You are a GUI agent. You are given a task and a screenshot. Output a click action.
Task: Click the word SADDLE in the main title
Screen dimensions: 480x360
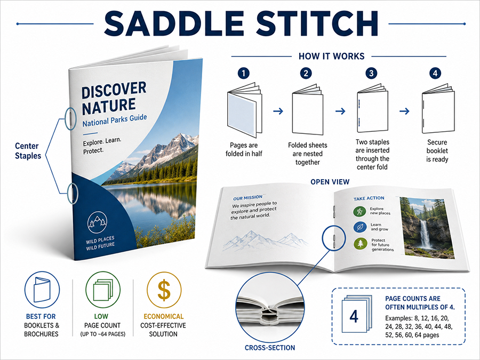174,23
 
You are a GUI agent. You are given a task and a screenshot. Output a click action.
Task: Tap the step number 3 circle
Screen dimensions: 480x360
371,74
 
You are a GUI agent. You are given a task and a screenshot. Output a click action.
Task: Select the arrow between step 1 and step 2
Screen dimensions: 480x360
278,111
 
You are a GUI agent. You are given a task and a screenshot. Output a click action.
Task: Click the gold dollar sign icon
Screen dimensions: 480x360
164,290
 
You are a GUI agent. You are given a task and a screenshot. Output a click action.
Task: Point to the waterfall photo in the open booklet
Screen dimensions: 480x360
427,227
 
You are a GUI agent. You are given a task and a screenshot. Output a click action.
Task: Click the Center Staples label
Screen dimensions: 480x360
28,151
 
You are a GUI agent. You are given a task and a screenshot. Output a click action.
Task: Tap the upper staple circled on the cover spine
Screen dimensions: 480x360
71,118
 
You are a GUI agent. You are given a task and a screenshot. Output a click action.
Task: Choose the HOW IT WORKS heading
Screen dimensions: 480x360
332,57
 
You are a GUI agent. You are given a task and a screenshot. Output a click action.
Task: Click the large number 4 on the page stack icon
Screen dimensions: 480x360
354,316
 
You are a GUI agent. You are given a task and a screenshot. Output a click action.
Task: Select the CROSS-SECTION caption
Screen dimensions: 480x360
270,348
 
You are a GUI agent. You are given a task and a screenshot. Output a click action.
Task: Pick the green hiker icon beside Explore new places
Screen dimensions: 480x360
359,211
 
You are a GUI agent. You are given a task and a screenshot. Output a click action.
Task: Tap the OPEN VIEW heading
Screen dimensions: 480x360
330,182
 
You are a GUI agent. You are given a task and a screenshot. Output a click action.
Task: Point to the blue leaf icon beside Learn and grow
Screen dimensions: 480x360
359,227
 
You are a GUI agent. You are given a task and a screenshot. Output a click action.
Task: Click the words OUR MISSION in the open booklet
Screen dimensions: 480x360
247,198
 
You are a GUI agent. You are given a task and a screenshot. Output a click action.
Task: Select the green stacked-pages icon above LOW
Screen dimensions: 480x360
103,290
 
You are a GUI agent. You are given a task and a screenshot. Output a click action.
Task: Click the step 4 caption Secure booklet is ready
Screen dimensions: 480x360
437,151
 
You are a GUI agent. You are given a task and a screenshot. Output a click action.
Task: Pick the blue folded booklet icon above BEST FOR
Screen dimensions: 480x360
42,290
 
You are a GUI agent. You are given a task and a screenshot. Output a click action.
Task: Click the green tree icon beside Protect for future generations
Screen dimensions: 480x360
361,244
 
